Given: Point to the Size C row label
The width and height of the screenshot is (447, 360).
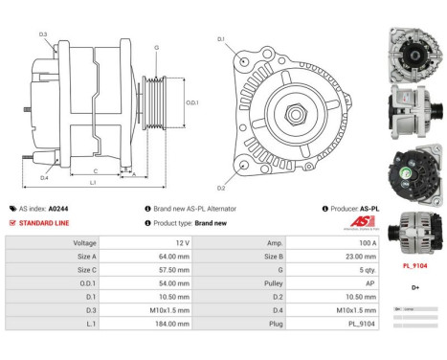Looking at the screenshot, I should (x=86, y=270).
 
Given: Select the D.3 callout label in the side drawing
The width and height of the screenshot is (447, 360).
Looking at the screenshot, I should (x=43, y=35).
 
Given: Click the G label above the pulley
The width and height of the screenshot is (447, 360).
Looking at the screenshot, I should (x=156, y=46).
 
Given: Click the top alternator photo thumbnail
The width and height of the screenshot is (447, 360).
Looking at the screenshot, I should (x=415, y=52).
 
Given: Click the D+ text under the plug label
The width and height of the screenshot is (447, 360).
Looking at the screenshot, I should (x=414, y=287).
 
